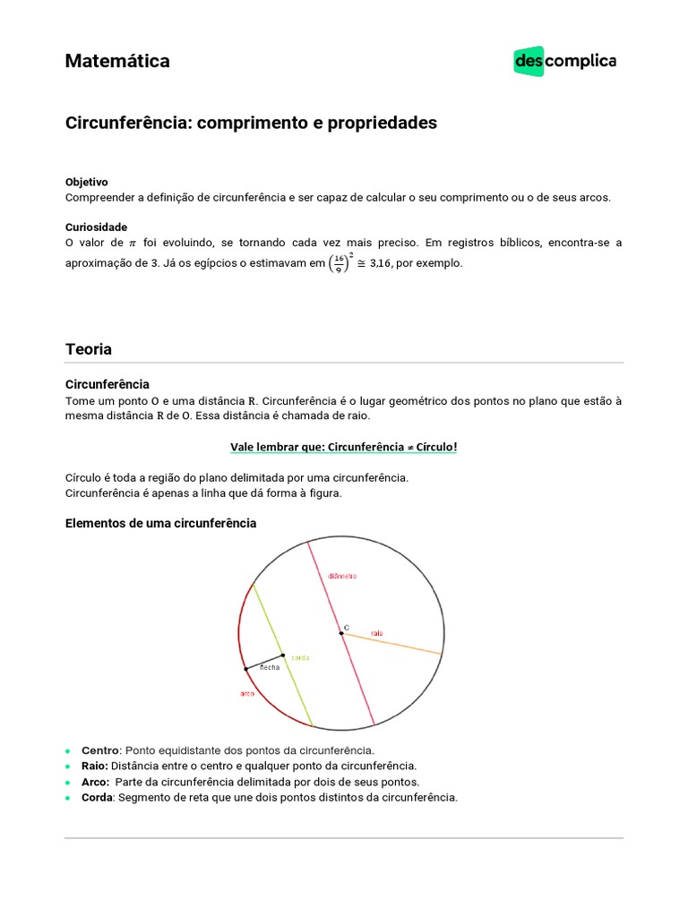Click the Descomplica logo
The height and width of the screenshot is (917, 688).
(564, 61)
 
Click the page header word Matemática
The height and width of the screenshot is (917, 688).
(117, 61)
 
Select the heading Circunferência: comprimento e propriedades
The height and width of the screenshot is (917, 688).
(251, 123)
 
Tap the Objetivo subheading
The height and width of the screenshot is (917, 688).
(86, 182)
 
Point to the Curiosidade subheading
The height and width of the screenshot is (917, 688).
(96, 227)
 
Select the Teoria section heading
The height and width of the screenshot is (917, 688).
(88, 348)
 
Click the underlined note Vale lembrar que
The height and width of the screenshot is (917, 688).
(344, 447)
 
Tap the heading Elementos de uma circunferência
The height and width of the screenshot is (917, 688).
(160, 523)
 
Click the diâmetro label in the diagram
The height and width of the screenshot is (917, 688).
(342, 576)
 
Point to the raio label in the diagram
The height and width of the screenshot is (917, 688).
(376, 632)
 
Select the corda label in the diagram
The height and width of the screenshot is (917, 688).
(300, 657)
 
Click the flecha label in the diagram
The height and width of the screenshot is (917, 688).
(270, 668)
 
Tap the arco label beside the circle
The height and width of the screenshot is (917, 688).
(248, 694)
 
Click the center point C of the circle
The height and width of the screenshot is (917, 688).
(341, 633)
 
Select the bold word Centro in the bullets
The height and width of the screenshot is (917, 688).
(99, 750)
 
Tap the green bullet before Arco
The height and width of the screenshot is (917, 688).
(68, 782)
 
